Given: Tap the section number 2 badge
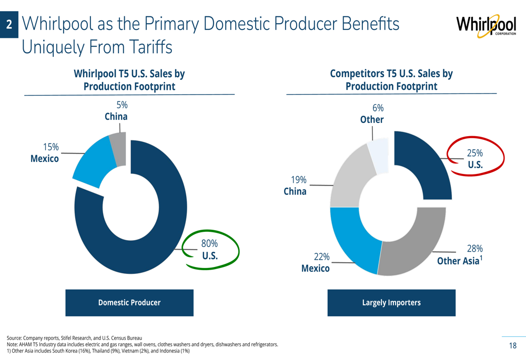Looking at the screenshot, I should (x=9, y=24).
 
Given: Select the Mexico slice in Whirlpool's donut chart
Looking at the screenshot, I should (x=92, y=164).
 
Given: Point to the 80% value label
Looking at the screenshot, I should (x=209, y=243).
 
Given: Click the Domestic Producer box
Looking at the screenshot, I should (x=129, y=303).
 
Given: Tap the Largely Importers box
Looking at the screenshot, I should (x=391, y=303).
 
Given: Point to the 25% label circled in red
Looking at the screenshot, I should (x=475, y=153).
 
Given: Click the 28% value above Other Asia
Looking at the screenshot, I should (x=475, y=249).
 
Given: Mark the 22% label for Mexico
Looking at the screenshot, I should (x=321, y=256).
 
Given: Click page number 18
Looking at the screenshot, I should (x=512, y=346).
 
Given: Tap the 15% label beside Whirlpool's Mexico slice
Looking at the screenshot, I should (x=51, y=147).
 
